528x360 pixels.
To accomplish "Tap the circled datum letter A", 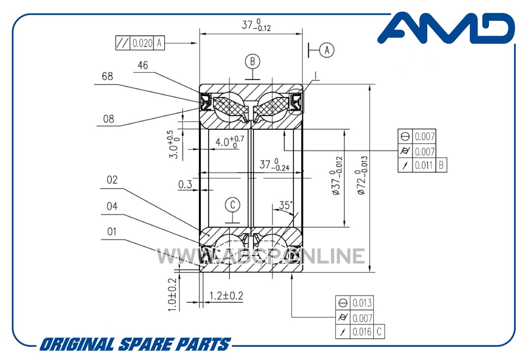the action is [327, 50].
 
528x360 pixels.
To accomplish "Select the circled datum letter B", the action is [252, 62].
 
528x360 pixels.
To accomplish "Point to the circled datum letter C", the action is [232, 204].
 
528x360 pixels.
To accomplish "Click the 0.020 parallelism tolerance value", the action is [142, 43].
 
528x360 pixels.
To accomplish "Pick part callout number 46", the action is [143, 65].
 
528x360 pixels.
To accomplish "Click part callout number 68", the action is [107, 76].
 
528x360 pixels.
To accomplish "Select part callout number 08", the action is [108, 119].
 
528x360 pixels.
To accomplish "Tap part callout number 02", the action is [112, 180].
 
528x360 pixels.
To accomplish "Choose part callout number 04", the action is [112, 206].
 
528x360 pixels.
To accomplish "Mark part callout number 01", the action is [112, 232].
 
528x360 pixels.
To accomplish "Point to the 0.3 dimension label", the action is [185, 185].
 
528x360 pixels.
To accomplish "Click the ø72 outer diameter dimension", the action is [361, 175].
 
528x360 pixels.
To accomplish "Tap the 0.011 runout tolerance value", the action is [424, 166].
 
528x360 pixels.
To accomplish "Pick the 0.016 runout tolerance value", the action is [362, 332].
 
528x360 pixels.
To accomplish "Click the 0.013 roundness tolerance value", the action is [362, 303].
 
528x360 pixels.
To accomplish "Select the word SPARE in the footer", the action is [146, 344].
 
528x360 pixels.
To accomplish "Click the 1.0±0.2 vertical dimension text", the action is [172, 295].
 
